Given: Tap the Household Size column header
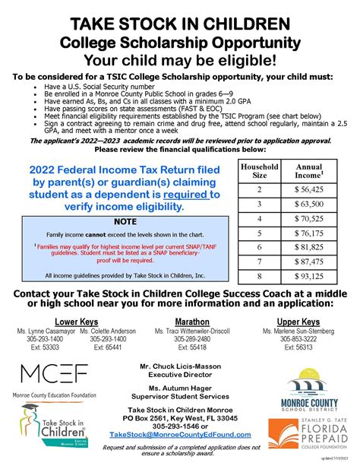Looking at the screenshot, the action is [259, 172].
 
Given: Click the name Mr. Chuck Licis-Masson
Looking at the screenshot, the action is [179, 366].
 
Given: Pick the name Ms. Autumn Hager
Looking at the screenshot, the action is [180, 388].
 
